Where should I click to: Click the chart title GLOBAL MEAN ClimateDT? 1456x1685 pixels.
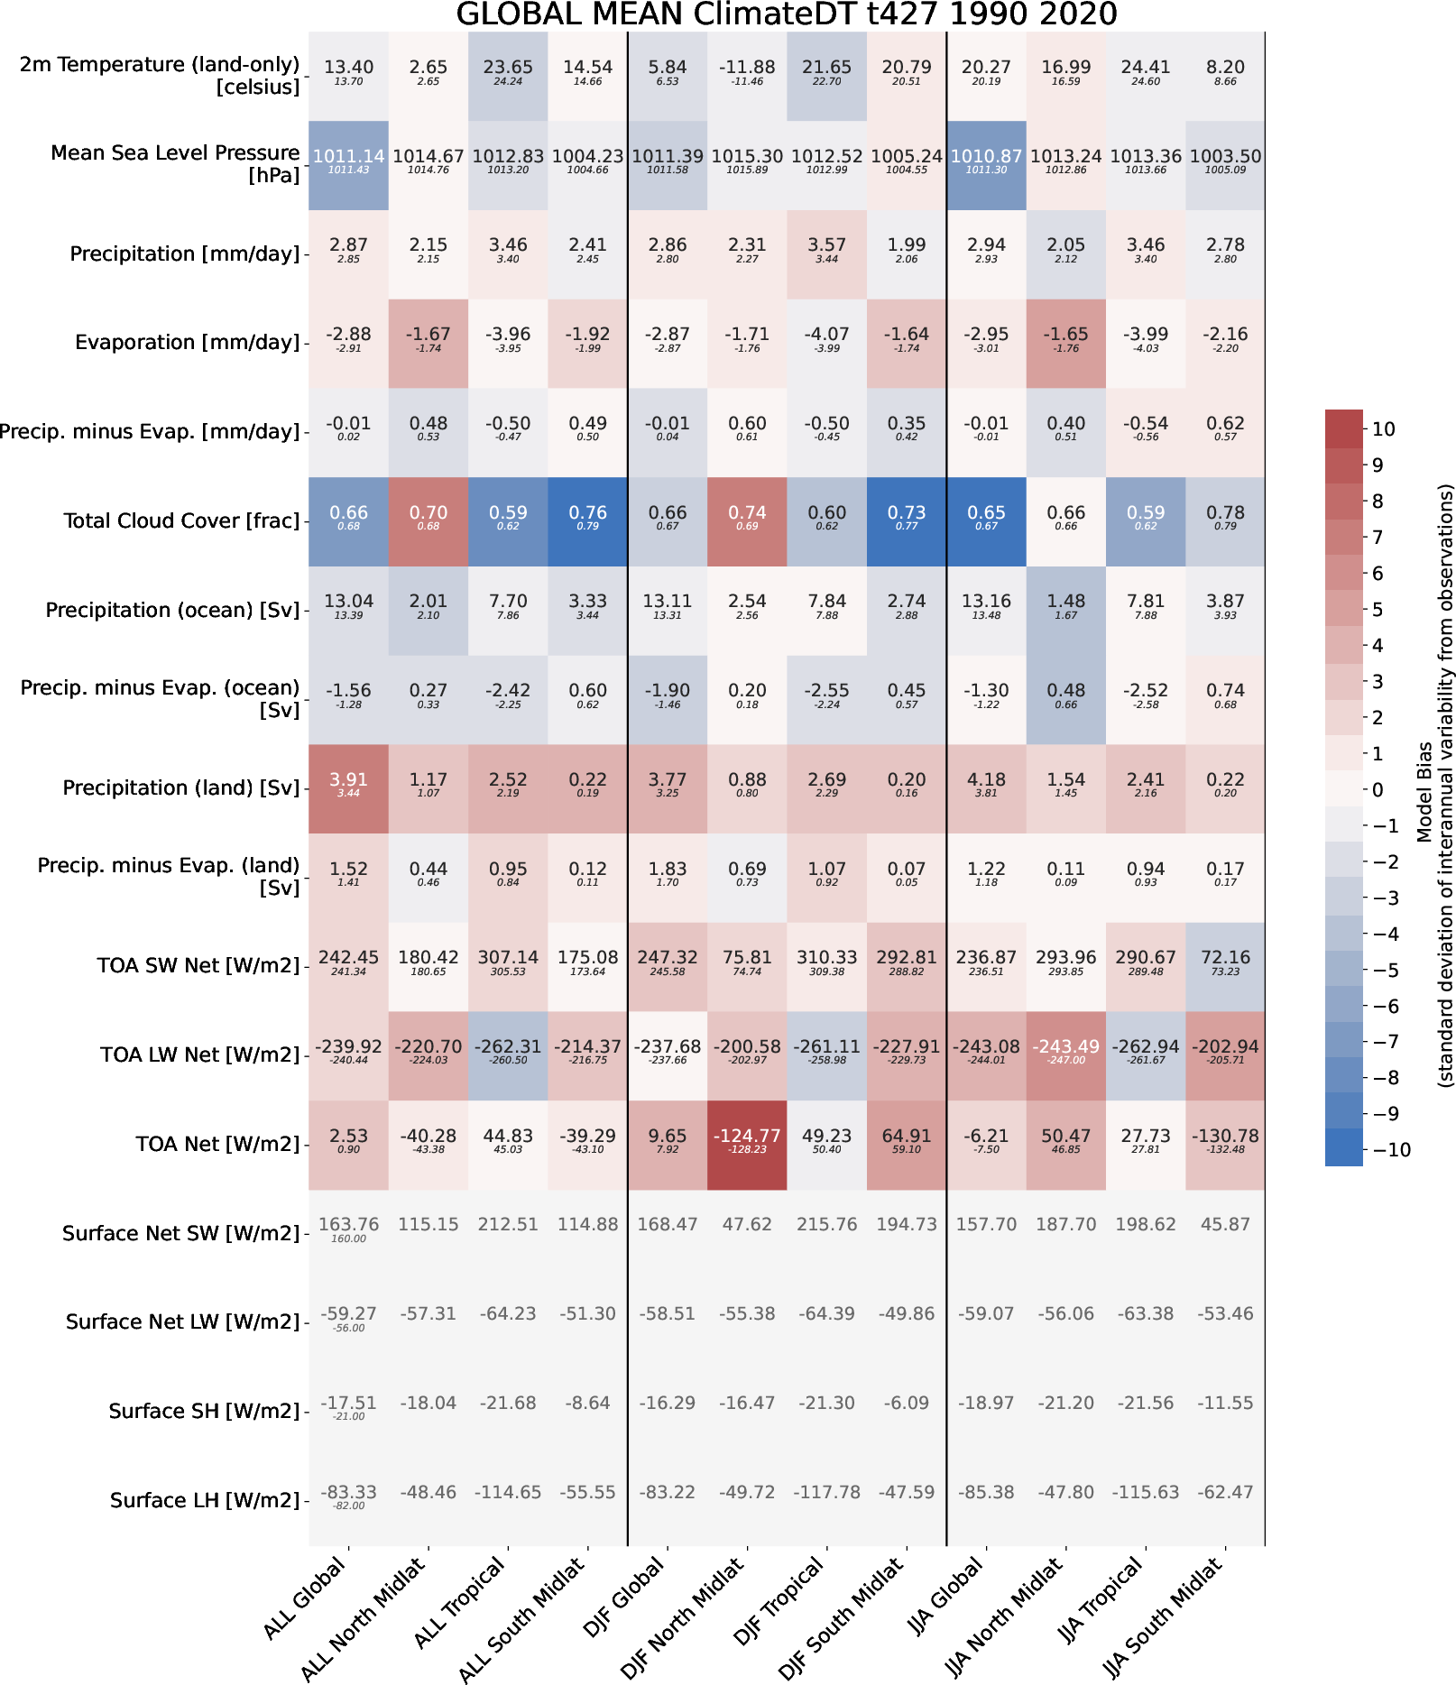coord(786,15)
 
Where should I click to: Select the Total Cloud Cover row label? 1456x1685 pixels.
coord(181,520)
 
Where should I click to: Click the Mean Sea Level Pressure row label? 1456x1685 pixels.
coord(175,163)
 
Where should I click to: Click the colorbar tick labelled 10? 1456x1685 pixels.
coord(1383,429)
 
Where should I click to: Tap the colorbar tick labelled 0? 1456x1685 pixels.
coord(1378,790)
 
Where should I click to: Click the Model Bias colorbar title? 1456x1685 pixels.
coord(1434,785)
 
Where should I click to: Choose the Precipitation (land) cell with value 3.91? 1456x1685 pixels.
coord(348,785)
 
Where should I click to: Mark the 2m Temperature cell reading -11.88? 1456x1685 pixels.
coord(747,72)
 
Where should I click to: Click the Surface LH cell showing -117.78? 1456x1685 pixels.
coord(827,1492)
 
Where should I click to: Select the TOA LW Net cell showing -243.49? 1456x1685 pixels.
coord(1066,1052)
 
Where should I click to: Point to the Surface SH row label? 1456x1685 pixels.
coord(204,1411)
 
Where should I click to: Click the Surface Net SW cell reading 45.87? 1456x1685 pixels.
coord(1225,1224)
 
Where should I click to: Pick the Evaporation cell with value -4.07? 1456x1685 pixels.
coord(827,339)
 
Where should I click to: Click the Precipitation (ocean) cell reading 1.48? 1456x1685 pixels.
coord(1066,606)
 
